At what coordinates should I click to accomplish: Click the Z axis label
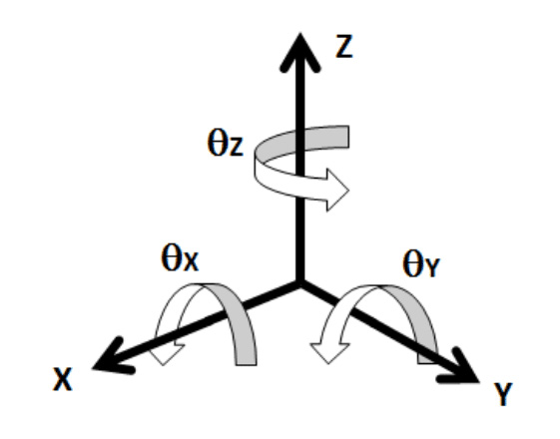(344, 47)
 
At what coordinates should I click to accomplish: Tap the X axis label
(63, 379)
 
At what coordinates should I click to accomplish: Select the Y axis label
(503, 394)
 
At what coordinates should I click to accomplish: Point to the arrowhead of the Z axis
(300, 52)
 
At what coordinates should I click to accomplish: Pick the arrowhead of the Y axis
(461, 367)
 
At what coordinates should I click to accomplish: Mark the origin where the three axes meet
(300, 284)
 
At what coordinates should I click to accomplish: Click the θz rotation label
(226, 143)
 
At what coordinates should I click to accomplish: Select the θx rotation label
(180, 257)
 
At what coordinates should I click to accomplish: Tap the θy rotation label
(421, 264)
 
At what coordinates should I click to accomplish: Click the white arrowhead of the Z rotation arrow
(337, 191)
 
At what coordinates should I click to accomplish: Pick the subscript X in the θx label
(192, 262)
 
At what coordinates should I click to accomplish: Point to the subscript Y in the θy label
(433, 268)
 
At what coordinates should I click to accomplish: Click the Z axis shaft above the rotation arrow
(300, 98)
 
